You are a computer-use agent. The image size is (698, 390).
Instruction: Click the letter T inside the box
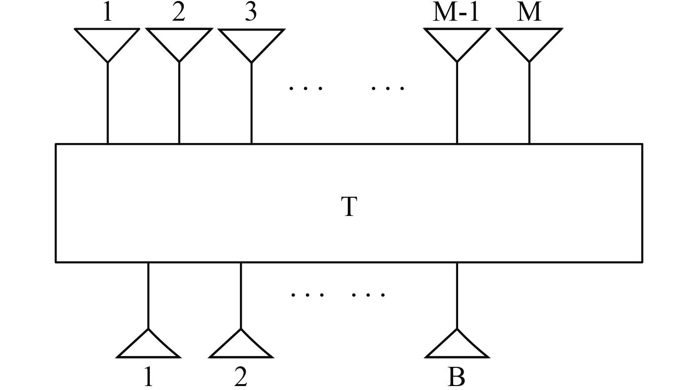(348, 207)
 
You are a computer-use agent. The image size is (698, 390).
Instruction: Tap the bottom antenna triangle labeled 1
(148, 346)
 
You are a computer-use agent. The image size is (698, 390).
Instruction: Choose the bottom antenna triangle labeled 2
(241, 346)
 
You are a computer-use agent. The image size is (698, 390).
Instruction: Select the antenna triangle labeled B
(457, 346)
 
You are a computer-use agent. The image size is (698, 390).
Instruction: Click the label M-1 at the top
(456, 13)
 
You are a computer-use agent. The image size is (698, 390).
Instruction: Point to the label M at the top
(529, 13)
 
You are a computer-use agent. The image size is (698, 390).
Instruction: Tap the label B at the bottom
(457, 377)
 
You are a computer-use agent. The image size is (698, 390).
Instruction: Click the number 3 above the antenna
(251, 13)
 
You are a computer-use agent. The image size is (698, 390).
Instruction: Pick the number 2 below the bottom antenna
(241, 377)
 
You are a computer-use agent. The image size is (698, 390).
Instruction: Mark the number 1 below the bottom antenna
(148, 377)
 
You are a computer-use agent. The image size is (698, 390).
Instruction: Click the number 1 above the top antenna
(107, 13)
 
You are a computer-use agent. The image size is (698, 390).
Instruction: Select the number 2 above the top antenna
(179, 13)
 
